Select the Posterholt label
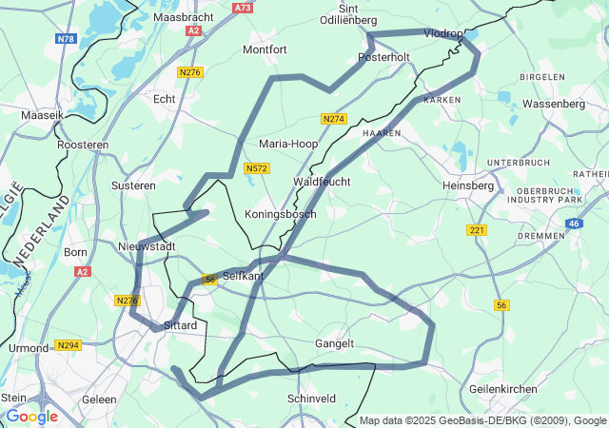coord(383,57)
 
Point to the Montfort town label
coord(265,49)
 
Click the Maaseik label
coord(41,115)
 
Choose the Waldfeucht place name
coord(322,181)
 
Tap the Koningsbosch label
coord(281,214)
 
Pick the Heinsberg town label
coord(468,186)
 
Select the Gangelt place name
coord(334,343)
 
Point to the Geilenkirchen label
coord(503,388)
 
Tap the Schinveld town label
coord(311,399)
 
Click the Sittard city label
coord(180,325)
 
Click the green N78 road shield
coord(66,39)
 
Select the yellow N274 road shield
coord(333,119)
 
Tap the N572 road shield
coord(256,168)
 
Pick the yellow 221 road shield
coord(477,230)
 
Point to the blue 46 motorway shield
coord(574,224)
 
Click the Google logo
coord(31,416)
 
